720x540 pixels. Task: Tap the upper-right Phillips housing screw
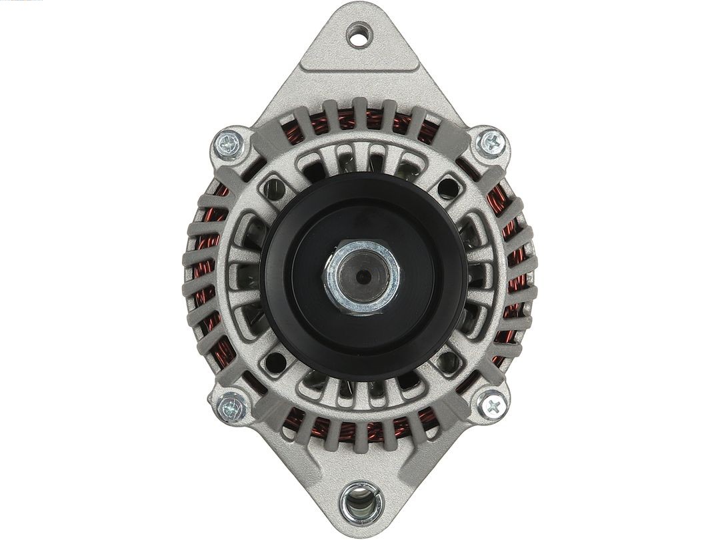[x=492, y=141]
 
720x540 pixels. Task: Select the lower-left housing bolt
[x=230, y=403]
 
